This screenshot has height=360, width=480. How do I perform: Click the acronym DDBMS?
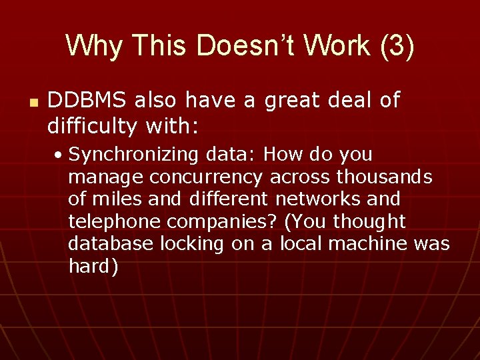pyautogui.click(x=87, y=100)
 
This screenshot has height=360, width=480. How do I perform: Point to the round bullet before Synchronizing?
pyautogui.click(x=60, y=155)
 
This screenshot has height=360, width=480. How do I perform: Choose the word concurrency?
pyautogui.click(x=207, y=177)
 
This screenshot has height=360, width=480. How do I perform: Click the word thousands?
pyautogui.click(x=385, y=177)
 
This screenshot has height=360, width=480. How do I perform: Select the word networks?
pyautogui.click(x=323, y=199)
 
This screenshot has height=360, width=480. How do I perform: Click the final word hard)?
pyautogui.click(x=93, y=266)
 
